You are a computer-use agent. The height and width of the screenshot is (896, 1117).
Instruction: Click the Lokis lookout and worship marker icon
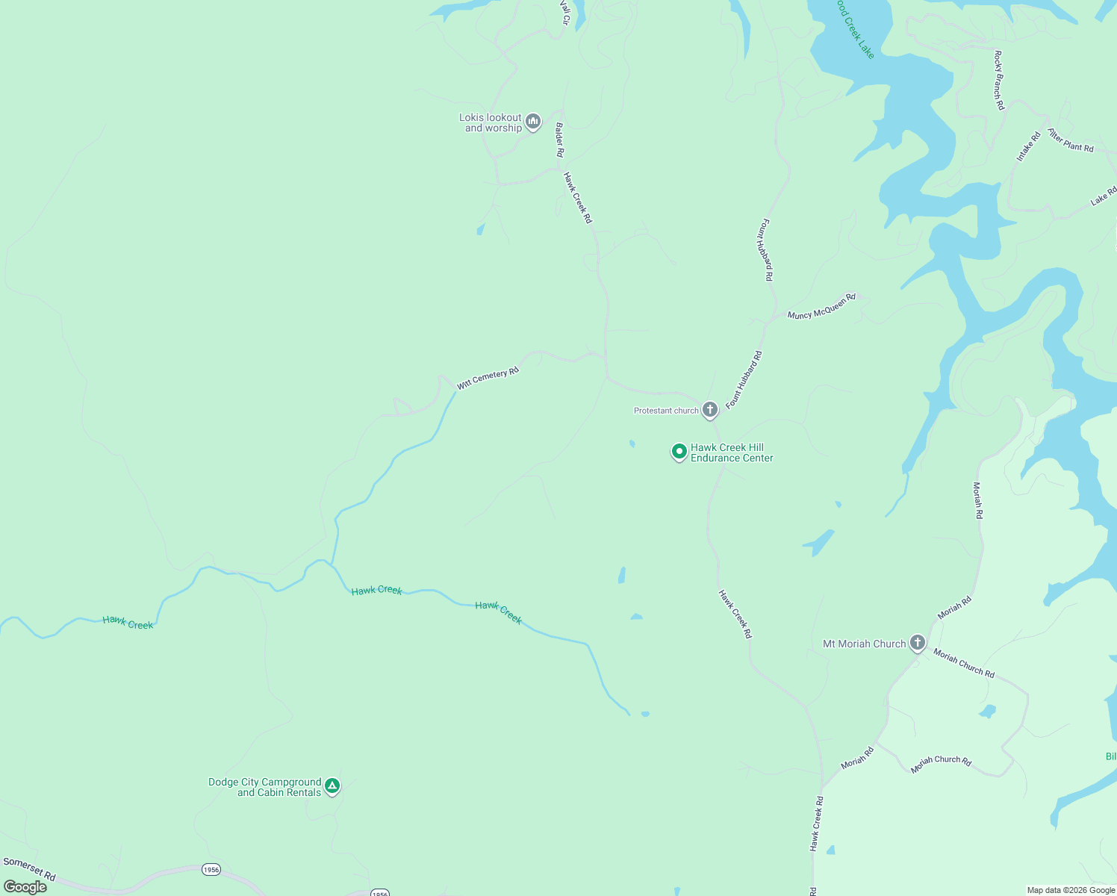click(x=532, y=122)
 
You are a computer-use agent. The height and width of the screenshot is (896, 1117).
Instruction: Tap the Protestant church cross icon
click(x=710, y=409)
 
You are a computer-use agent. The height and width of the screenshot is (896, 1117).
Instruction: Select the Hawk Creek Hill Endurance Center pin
click(x=679, y=452)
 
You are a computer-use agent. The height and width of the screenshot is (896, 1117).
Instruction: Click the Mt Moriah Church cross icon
click(x=918, y=643)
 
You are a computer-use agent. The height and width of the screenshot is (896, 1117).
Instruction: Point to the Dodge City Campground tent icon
click(x=332, y=785)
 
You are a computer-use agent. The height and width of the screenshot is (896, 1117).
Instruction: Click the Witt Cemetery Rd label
click(x=488, y=378)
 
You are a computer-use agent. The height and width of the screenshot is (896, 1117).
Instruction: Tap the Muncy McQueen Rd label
click(x=821, y=306)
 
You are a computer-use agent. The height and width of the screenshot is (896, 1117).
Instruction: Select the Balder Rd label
click(x=559, y=140)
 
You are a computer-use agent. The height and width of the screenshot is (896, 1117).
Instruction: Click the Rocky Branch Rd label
click(x=998, y=81)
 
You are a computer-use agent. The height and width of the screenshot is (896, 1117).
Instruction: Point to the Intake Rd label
click(x=1028, y=146)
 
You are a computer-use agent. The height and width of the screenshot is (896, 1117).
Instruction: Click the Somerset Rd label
click(x=29, y=868)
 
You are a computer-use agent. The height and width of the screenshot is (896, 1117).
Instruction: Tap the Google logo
click(x=25, y=887)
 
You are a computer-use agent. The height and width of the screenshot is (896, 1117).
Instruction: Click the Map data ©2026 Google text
click(x=1071, y=890)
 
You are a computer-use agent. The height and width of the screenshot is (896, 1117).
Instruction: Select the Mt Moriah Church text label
click(x=864, y=644)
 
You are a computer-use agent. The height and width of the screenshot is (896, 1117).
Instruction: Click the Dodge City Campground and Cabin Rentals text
click(x=265, y=787)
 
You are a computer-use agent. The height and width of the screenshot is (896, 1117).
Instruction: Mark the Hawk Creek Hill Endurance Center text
click(x=732, y=452)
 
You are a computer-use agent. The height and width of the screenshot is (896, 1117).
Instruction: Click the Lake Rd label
click(x=1103, y=196)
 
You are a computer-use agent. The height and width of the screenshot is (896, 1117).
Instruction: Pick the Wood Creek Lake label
click(x=855, y=28)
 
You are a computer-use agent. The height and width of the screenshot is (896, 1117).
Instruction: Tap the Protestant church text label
click(x=666, y=411)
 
